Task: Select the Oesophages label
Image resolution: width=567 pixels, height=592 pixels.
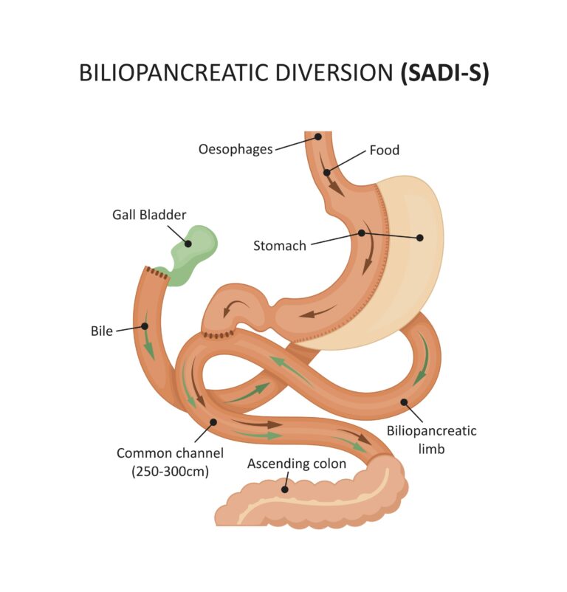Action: (235, 149)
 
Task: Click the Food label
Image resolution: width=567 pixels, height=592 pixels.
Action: (384, 151)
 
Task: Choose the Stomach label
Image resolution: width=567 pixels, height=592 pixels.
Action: (279, 246)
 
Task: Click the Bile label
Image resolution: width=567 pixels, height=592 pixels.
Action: (102, 331)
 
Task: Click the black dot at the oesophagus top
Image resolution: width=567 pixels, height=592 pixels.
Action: (318, 137)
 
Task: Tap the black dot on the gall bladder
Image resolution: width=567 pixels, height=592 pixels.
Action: (188, 243)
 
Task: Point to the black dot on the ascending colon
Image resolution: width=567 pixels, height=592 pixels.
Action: (284, 488)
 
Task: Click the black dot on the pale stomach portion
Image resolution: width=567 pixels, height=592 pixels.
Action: (420, 238)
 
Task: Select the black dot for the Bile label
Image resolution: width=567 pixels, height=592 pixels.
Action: (144, 326)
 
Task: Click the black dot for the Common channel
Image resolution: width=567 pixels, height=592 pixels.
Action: (213, 423)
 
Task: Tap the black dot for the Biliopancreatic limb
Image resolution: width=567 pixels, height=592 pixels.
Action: (404, 403)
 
